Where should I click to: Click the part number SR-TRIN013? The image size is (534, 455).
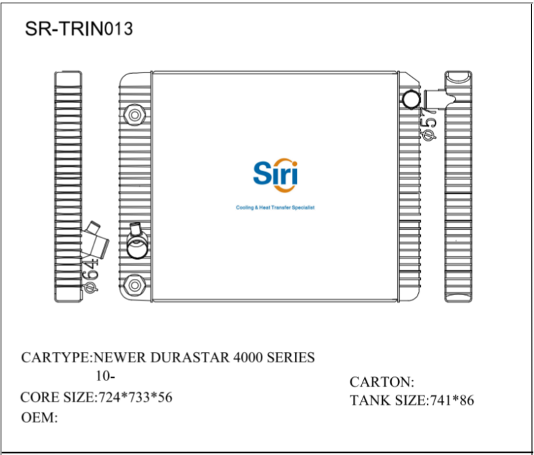click(x=79, y=29)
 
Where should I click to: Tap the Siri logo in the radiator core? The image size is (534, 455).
click(x=274, y=174)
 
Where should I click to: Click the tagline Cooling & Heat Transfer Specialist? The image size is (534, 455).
click(x=274, y=207)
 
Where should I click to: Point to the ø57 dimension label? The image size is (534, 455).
click(x=428, y=124)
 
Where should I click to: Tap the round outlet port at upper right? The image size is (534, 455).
click(x=411, y=100)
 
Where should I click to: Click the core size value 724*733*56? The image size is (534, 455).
click(x=136, y=397)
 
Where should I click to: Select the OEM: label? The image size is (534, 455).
click(x=39, y=417)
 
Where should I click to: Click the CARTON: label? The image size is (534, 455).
click(x=382, y=382)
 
